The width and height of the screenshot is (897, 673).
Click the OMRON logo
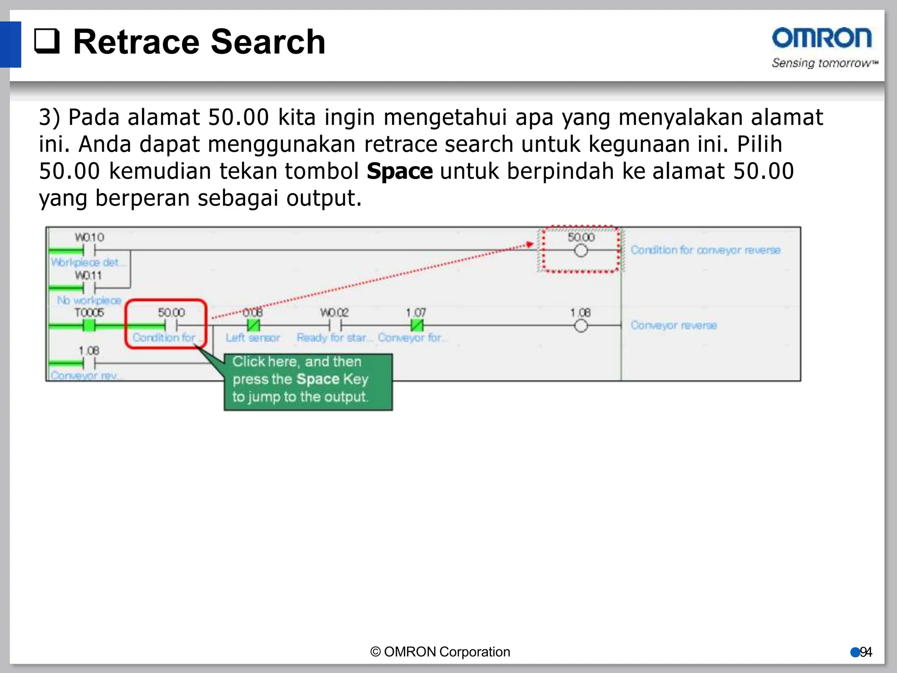point(822,38)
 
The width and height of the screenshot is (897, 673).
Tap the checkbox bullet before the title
point(47,42)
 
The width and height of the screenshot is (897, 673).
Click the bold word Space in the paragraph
point(399,171)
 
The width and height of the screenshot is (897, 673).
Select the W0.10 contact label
point(89,237)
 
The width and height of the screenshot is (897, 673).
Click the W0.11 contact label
point(88,276)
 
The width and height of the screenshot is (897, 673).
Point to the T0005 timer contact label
point(89,313)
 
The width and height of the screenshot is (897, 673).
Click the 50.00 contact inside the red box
point(171,326)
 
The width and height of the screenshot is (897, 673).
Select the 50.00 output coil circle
point(581,251)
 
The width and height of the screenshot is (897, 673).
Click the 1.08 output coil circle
point(581,326)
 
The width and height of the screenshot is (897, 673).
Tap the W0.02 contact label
point(334,313)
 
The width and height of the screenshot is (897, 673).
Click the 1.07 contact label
point(416,313)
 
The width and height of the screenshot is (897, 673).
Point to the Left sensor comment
point(253,338)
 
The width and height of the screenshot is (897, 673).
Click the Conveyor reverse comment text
point(674,326)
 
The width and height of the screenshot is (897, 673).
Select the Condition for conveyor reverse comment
point(705,250)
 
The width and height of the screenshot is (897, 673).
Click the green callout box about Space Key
point(308,382)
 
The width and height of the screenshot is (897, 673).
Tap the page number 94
point(866,652)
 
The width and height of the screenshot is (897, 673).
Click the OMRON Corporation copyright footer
point(440,652)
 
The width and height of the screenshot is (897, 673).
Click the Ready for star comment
point(332,338)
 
